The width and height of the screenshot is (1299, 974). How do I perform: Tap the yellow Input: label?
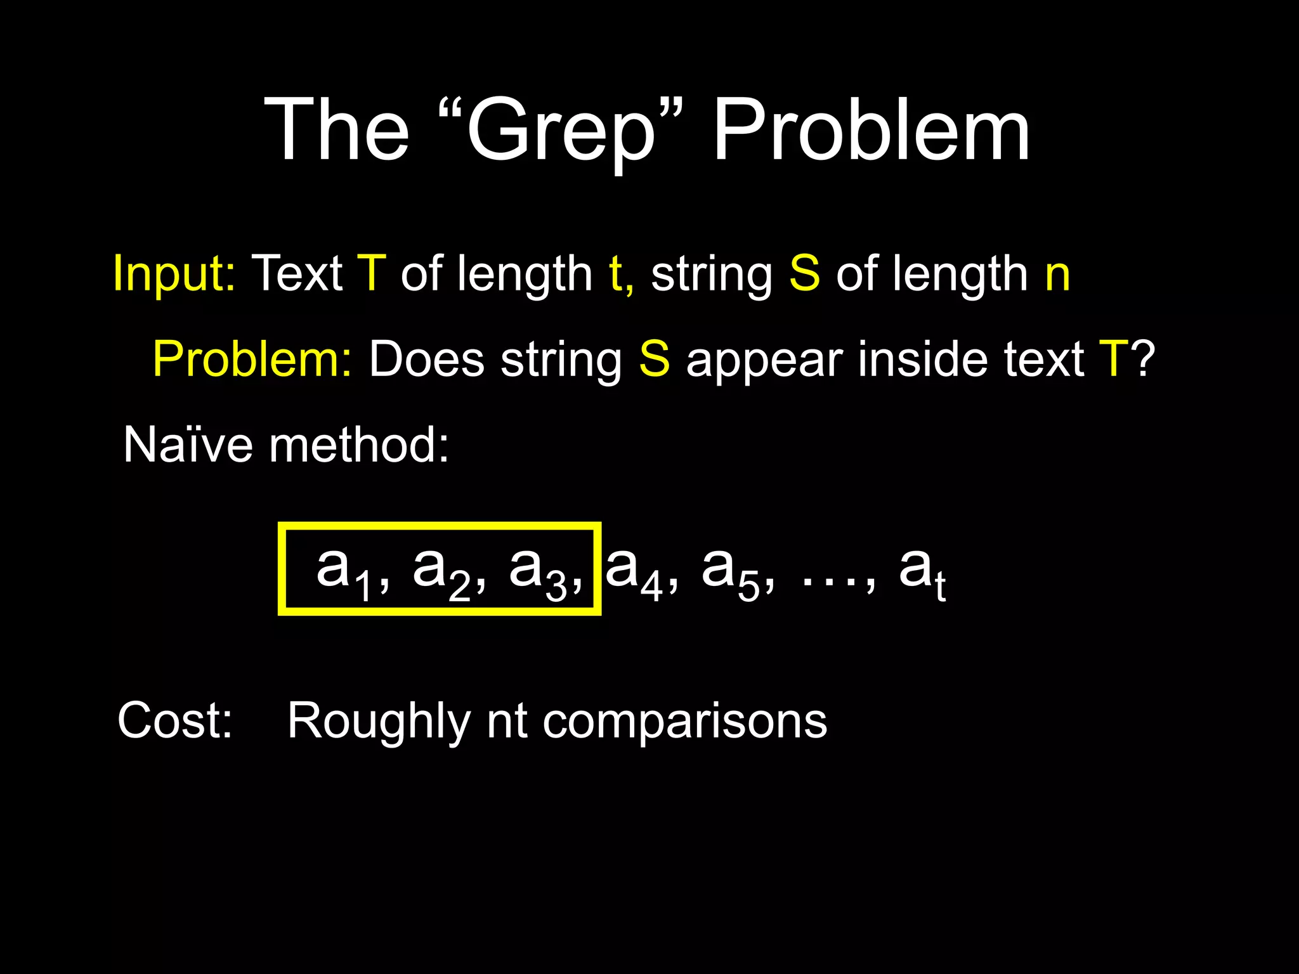pos(174,274)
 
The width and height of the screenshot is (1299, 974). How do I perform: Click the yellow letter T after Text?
pos(372,273)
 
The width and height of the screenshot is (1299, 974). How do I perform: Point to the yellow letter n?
pos(1057,274)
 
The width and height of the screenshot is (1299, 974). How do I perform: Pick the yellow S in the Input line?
pos(804,273)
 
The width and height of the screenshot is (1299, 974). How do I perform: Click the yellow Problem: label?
pos(252,359)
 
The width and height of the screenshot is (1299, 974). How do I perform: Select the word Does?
pos(427,359)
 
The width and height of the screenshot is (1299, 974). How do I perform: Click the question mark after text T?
pos(1143,359)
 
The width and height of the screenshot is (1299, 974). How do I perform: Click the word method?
pos(359,445)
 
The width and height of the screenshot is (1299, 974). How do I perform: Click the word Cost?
pos(175,720)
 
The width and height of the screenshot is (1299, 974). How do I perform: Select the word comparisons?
pos(685,722)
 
